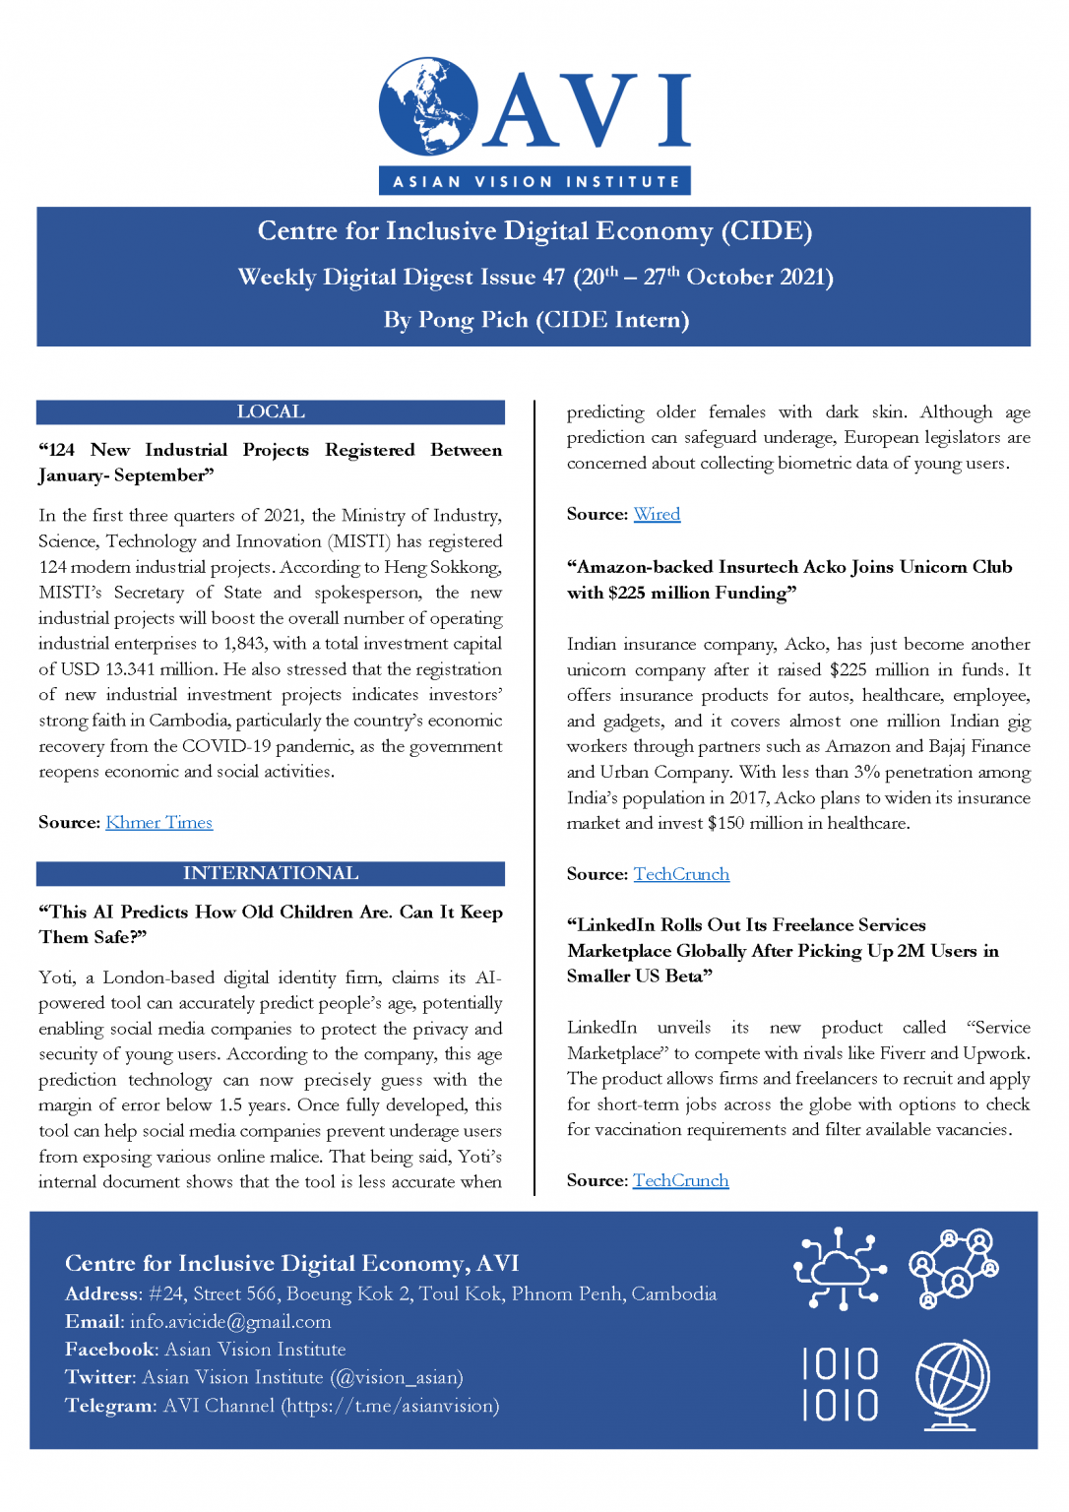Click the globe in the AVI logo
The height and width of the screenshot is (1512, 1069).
(x=428, y=106)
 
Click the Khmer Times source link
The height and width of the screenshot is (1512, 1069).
(x=158, y=823)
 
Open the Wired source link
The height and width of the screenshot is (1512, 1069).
(x=657, y=514)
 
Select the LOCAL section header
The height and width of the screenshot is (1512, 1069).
(x=271, y=412)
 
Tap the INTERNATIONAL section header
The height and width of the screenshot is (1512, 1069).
(x=271, y=874)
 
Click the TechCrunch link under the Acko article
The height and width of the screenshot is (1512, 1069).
(x=681, y=874)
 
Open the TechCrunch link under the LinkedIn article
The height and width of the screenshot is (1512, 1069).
(x=680, y=1180)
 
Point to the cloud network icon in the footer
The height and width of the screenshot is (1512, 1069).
(x=840, y=1268)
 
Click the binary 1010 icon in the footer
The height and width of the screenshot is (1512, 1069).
(x=840, y=1384)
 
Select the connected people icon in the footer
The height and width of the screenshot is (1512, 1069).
(x=953, y=1268)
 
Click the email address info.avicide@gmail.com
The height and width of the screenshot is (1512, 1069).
(x=230, y=1322)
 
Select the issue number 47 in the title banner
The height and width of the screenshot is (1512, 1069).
(x=554, y=278)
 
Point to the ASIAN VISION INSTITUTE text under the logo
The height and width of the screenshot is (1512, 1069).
(x=535, y=181)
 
